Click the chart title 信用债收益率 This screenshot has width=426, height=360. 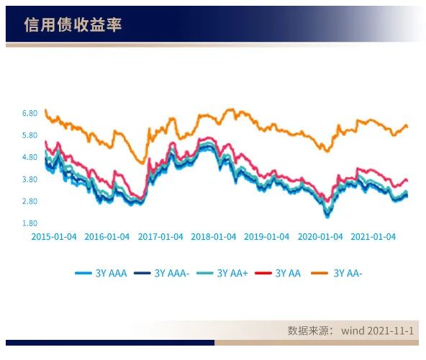(x=73, y=25)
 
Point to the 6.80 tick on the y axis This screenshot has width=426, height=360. (x=30, y=114)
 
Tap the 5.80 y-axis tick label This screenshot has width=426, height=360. (x=30, y=135)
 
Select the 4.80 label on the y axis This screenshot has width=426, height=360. (x=30, y=158)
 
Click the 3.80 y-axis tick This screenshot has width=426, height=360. (x=30, y=179)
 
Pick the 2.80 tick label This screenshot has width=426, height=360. (x=30, y=202)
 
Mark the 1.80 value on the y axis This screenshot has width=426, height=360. (x=30, y=224)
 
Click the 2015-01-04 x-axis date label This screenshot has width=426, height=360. (x=54, y=236)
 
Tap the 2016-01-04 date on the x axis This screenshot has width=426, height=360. (x=107, y=236)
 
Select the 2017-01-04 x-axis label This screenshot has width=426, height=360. (x=160, y=236)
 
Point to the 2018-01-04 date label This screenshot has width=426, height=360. (x=214, y=236)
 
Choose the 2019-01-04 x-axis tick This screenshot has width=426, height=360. (x=267, y=236)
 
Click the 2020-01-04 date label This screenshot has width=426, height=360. (x=320, y=236)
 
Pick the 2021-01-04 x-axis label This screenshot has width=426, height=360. (x=373, y=236)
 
